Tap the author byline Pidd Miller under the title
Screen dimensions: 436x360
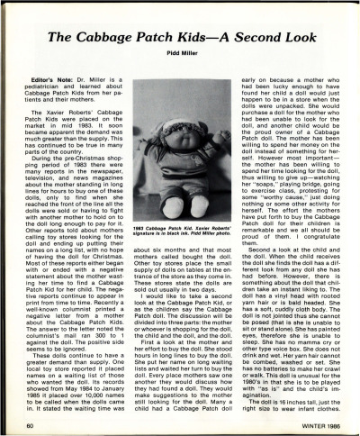[180, 55]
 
